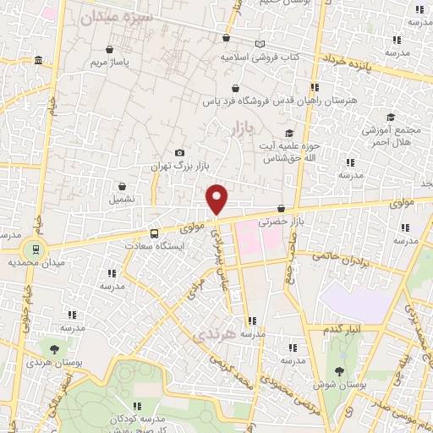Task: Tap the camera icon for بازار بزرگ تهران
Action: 178,152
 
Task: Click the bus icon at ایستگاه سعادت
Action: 154,233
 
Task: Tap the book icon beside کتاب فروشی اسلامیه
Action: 260,44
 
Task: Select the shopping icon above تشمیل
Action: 123,186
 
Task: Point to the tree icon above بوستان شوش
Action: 339,370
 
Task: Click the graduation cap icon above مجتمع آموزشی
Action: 390,118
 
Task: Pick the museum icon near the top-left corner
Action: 38,63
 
